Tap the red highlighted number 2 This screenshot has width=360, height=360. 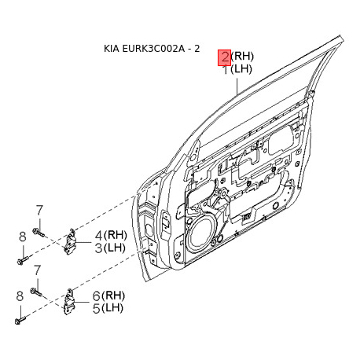224,56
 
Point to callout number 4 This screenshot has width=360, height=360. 99,235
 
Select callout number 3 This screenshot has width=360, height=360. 99,248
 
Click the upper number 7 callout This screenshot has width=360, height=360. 38,210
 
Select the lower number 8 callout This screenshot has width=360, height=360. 21,296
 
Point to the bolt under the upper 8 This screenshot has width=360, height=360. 23,256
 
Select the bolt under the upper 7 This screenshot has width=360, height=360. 41,230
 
